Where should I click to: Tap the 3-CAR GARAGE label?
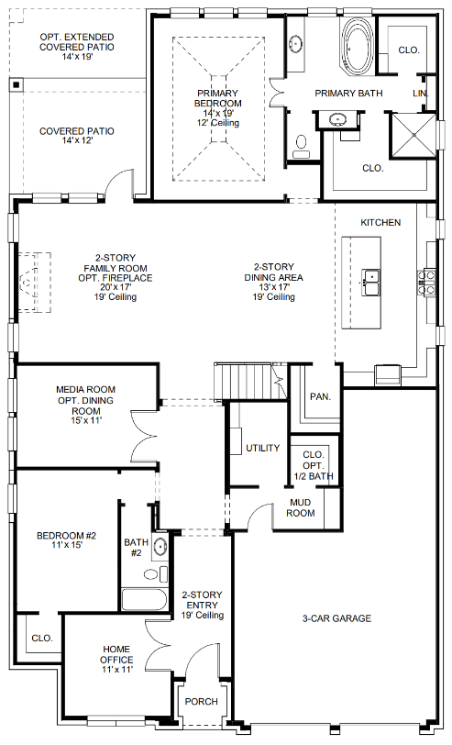coord(336,618)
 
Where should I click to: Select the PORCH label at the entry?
coord(202,701)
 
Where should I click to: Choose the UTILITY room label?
coord(262,448)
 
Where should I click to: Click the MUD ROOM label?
coord(302,507)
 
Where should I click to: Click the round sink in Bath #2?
coord(160,548)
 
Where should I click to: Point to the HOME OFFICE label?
coord(116,659)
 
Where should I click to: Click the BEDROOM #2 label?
coord(61,540)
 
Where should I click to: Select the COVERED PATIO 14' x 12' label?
coord(76,136)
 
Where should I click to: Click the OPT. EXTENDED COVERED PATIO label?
coord(76,46)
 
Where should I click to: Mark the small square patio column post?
coord(16,84)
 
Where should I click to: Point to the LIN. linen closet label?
coord(421,94)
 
